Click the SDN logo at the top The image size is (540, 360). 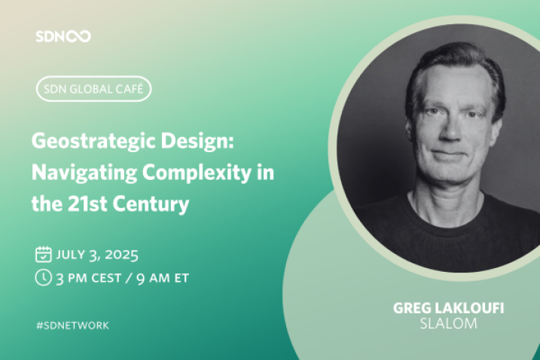pyautogui.click(x=63, y=36)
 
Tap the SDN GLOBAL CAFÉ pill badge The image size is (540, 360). pyautogui.click(x=93, y=89)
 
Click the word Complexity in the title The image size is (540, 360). pyautogui.click(x=197, y=172)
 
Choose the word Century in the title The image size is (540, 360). pyautogui.click(x=151, y=205)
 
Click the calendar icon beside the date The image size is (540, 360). pyautogui.click(x=44, y=255)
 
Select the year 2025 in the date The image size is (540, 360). pyautogui.click(x=121, y=255)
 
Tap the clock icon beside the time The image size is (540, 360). pyautogui.click(x=44, y=278)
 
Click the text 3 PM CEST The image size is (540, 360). pyautogui.click(x=89, y=278)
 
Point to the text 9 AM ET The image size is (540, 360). pyautogui.click(x=163, y=278)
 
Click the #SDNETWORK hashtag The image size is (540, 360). pyautogui.click(x=72, y=325)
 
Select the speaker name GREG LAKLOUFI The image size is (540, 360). pyautogui.click(x=448, y=308)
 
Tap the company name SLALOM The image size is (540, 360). pyautogui.click(x=448, y=324)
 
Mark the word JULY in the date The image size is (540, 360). pyautogui.click(x=70, y=255)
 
